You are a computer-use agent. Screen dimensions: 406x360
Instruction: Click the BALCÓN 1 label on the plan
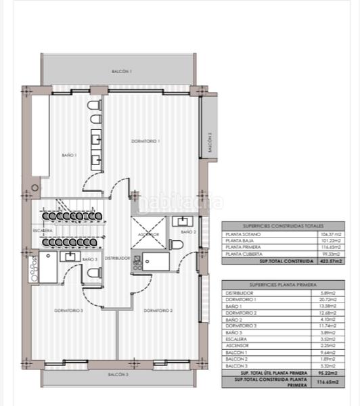click(121, 71)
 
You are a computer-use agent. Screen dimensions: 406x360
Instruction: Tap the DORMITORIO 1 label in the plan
click(145, 141)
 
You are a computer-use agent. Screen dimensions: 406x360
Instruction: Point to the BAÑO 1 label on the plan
click(70, 155)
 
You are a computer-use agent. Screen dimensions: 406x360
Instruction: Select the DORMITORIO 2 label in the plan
click(158, 311)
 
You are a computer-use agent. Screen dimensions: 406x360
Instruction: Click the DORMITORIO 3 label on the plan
click(69, 311)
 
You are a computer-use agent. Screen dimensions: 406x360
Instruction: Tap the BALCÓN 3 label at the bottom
click(117, 374)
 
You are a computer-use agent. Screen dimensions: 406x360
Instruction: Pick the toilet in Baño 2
click(175, 244)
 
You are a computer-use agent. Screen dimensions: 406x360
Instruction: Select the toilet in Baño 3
click(93, 274)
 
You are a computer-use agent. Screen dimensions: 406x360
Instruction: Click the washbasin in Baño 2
click(183, 221)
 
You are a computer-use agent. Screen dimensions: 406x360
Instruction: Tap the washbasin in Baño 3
click(68, 256)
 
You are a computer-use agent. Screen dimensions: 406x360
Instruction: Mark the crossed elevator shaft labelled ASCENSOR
click(148, 233)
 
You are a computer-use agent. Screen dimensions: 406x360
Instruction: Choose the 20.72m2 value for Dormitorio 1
click(330, 299)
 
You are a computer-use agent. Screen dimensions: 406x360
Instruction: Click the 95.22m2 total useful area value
click(329, 372)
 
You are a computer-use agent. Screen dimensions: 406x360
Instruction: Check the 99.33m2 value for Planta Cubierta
click(330, 254)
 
